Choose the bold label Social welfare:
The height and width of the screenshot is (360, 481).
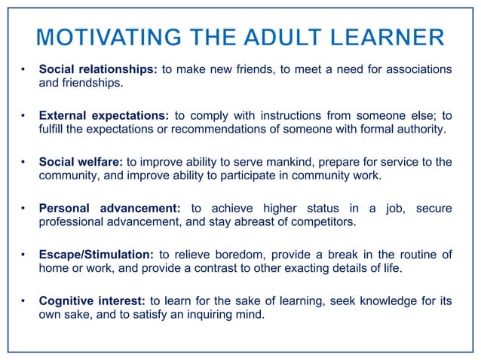(81, 162)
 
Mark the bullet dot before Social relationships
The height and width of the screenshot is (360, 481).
(23, 70)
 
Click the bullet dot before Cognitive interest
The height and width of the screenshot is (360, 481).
(23, 301)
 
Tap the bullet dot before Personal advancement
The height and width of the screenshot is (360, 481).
(23, 208)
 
